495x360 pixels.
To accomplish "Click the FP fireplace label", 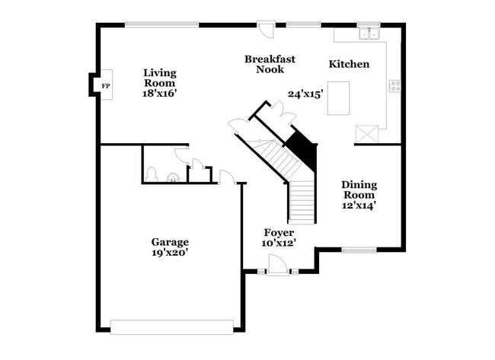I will pos(106,85).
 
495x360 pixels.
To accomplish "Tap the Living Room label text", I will pos(160,78).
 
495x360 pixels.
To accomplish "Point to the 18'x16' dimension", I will pos(160,93).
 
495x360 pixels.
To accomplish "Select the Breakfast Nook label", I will pos(270,64).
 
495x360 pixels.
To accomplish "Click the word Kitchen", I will pos(349,64).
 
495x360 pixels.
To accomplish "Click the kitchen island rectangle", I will pos(338,97).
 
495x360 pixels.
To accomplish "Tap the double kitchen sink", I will pos(369,33).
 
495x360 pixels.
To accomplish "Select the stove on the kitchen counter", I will pos(394,86).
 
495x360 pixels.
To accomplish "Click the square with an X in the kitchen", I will pos(366,134).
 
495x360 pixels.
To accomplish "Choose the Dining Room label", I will pos(359,190).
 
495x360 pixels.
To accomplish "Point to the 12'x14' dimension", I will pos(359,204).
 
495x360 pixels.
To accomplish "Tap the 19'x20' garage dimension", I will pos(170,253).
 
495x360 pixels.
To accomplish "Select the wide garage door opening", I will pos(171,327).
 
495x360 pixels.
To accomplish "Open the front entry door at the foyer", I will pos(278,264).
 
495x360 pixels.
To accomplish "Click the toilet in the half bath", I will pos(152,175).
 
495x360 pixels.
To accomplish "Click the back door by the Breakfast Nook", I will pos(267,29).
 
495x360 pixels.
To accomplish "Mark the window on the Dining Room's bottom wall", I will pos(358,250).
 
